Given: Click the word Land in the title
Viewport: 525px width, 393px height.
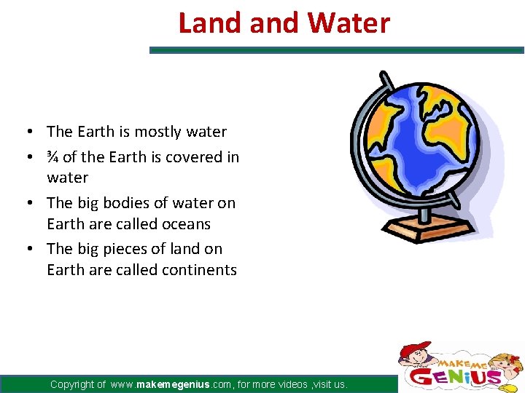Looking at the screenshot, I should pyautogui.click(x=211, y=23).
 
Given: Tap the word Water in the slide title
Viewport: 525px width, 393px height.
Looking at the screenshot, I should pyautogui.click(x=349, y=23).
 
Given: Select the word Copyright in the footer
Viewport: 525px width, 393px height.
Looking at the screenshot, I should pyautogui.click(x=77, y=384).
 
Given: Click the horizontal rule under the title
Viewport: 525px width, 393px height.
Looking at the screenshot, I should pyautogui.click(x=336, y=50).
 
